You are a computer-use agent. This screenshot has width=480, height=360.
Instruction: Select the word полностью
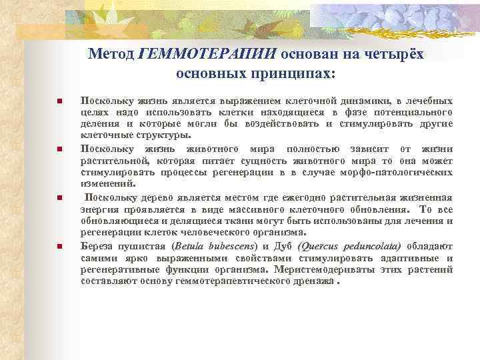[306, 147]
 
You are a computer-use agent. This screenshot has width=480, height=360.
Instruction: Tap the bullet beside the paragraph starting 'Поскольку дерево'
[60, 198]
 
